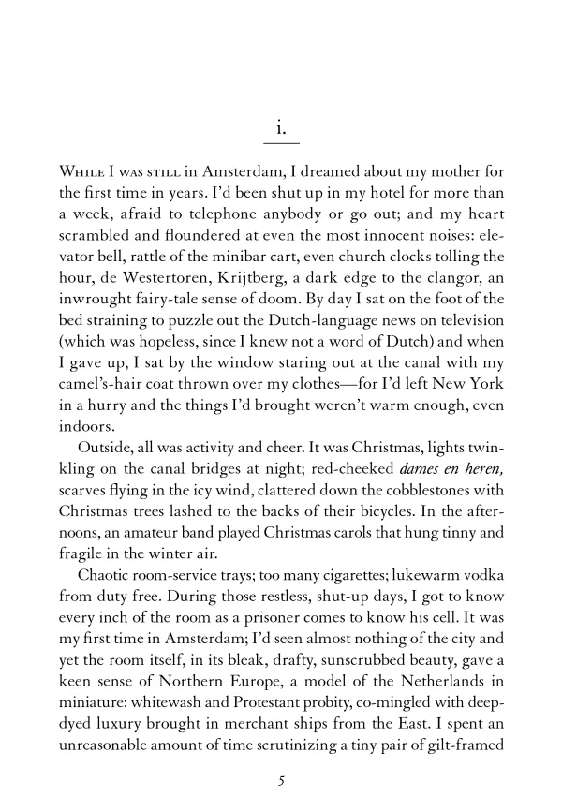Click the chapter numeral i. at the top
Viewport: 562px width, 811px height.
281,123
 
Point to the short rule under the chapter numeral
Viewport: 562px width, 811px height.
281,143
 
